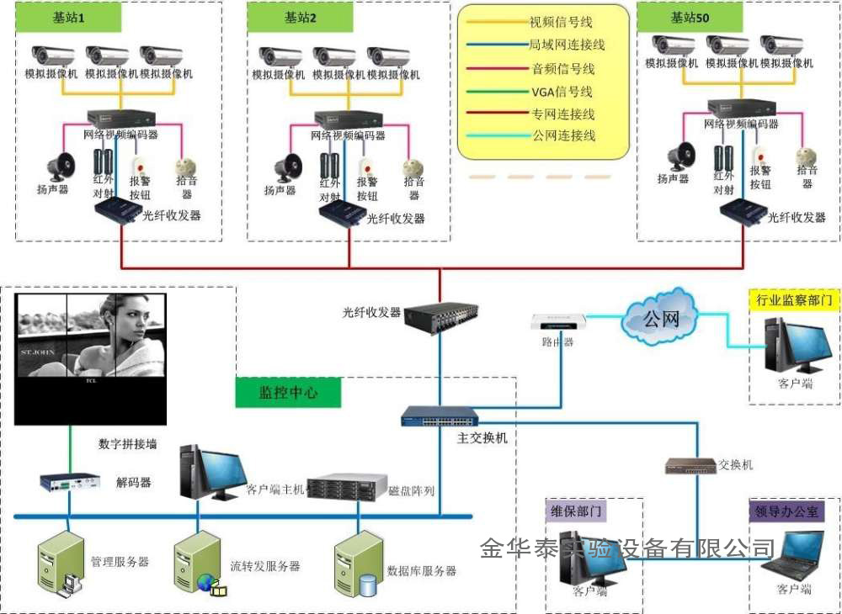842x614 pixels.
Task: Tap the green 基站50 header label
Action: pos(689,17)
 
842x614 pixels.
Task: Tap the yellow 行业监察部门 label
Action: pos(794,300)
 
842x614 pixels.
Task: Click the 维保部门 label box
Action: pos(575,511)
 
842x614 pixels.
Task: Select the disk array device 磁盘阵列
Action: pos(346,488)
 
